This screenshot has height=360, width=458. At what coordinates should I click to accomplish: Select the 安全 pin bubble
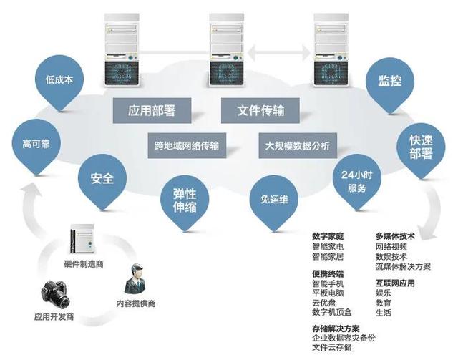[x=102, y=178]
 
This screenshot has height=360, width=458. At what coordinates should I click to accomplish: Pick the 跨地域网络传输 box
[x=186, y=146]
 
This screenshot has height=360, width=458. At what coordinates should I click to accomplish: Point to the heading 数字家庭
[x=328, y=235]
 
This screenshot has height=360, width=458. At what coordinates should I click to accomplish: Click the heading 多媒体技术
[x=395, y=235]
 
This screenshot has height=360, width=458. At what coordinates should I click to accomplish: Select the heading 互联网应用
[x=395, y=283]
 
